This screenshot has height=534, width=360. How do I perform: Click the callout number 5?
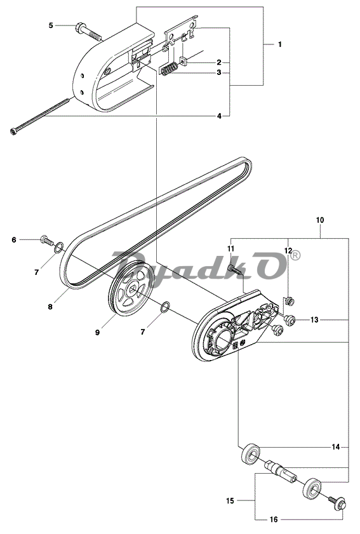click(51, 25)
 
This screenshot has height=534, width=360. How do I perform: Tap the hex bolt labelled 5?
click(88, 30)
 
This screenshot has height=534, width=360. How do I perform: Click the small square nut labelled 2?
click(183, 62)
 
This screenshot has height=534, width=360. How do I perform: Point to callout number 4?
click(219, 116)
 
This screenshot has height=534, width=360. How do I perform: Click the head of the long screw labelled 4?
click(13, 131)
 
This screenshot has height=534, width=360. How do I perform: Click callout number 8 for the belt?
click(50, 307)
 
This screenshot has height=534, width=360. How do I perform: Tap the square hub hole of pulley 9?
click(133, 290)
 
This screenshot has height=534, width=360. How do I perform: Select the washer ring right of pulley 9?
click(165, 307)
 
